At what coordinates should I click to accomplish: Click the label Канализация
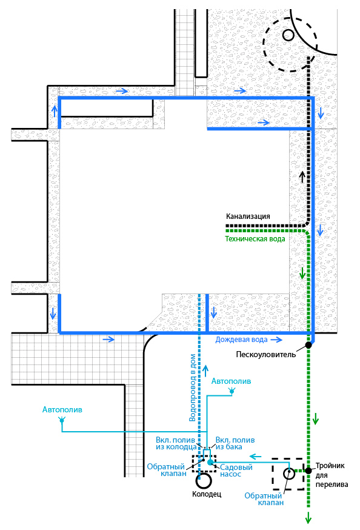tap(248, 216)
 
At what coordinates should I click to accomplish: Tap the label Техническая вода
tap(255, 239)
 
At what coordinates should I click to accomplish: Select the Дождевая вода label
tap(241, 340)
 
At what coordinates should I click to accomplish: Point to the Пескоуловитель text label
tap(266, 355)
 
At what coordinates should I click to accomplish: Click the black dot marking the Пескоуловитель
tap(308, 345)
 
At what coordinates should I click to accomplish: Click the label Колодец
tap(207, 494)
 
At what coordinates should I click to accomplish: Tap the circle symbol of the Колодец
tap(204, 481)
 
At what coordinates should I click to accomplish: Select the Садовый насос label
tap(236, 471)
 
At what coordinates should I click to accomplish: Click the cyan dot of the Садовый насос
tap(210, 461)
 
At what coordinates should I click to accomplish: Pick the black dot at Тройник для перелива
tap(308, 471)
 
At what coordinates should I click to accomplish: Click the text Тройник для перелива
tap(332, 475)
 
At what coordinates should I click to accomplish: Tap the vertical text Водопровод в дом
tap(193, 387)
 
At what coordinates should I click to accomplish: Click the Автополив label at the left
tap(62, 410)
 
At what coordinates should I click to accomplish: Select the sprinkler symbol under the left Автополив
tap(62, 420)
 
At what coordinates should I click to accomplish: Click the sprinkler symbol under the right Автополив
tap(232, 391)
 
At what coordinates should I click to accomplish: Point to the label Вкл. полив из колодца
tap(176, 443)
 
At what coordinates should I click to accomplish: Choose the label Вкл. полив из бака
tap(235, 443)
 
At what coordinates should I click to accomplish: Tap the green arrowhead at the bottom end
tap(308, 518)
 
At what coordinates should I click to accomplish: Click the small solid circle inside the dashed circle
tap(288, 35)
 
